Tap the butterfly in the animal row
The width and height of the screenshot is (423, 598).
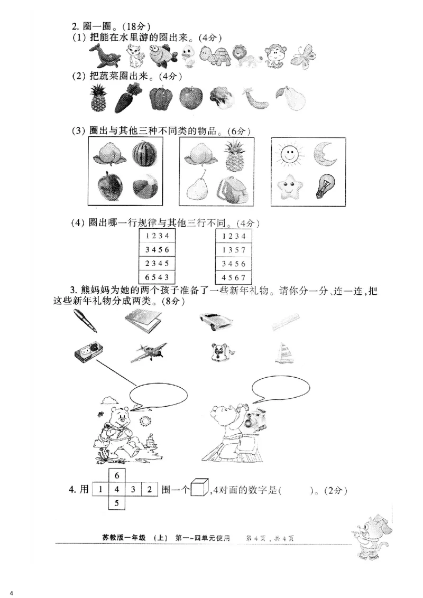(305, 56)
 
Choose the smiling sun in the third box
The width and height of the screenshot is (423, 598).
(289, 155)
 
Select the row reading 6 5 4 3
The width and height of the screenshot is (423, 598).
(157, 277)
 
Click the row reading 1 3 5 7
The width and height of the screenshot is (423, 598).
(233, 249)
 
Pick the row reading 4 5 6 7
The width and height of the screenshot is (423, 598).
(233, 277)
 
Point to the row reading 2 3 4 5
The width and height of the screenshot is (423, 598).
(157, 263)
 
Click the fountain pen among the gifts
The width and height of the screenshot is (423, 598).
(86, 321)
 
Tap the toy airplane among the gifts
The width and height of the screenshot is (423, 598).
(148, 352)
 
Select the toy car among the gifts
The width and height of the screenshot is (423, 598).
(217, 321)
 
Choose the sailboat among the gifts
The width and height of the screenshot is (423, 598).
(283, 353)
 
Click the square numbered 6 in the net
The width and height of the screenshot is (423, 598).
(117, 475)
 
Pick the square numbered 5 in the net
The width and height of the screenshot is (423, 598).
(117, 503)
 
